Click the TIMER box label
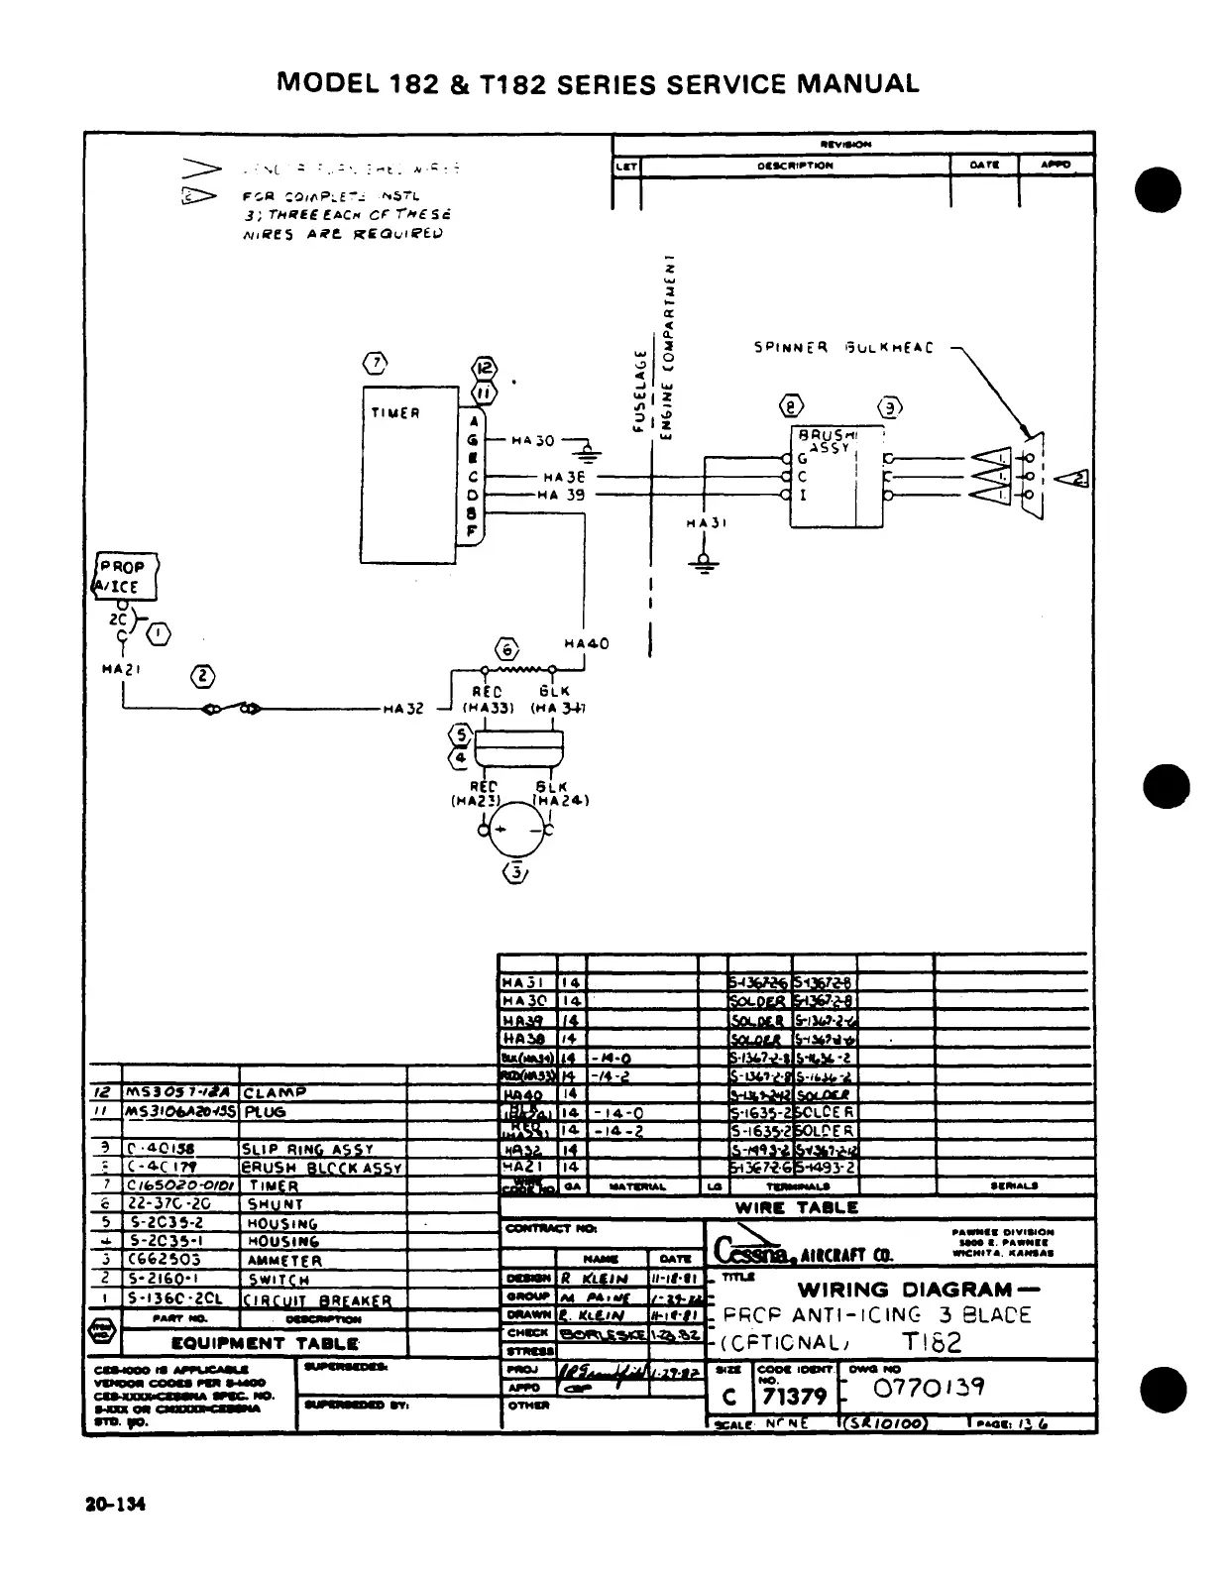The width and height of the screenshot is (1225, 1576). pyautogui.click(x=395, y=413)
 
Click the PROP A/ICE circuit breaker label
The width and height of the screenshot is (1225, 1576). pyautogui.click(x=123, y=576)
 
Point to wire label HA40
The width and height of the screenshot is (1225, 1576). pyautogui.click(x=586, y=644)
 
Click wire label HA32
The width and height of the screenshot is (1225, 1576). pyautogui.click(x=403, y=709)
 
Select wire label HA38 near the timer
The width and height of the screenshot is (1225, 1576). pyautogui.click(x=564, y=477)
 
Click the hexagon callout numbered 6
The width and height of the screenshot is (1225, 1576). pyautogui.click(x=507, y=649)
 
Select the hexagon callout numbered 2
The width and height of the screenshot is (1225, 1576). pyautogui.click(x=202, y=677)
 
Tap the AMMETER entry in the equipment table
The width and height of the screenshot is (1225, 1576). pyautogui.click(x=284, y=1261)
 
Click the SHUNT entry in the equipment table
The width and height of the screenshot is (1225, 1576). pyautogui.click(x=276, y=1204)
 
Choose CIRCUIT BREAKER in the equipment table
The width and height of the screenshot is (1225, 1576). pyautogui.click(x=318, y=1299)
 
